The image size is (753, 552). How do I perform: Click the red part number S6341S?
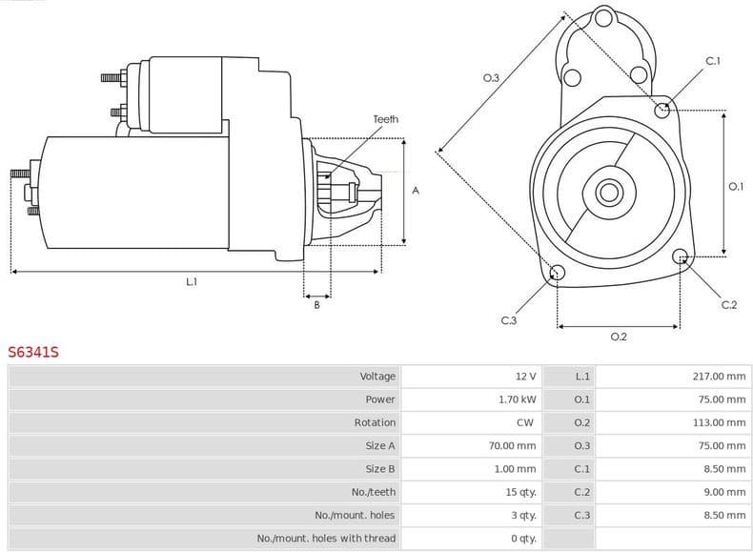[x=33, y=352]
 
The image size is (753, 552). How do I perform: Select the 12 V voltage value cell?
[x=525, y=377]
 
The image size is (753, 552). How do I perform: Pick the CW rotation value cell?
[x=525, y=422]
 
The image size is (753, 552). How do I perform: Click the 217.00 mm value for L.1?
[x=719, y=377]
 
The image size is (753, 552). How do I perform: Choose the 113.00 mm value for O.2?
[x=719, y=422]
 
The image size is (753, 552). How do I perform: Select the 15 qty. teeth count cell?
[x=520, y=492]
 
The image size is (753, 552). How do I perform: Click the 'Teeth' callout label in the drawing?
[x=385, y=119]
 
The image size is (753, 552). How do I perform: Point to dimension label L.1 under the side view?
[x=192, y=281]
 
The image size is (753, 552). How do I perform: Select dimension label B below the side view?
[x=316, y=304]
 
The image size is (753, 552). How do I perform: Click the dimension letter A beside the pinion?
[x=416, y=191]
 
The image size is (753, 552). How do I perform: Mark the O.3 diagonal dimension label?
[x=492, y=77]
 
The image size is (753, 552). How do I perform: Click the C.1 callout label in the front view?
[x=712, y=61]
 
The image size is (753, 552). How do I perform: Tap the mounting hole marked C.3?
[x=559, y=274]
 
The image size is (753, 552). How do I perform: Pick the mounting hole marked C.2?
[x=681, y=256]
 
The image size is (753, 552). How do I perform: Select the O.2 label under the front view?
[x=618, y=337]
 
